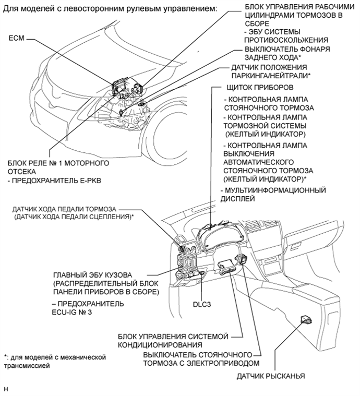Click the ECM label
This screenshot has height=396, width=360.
click(x=16, y=38)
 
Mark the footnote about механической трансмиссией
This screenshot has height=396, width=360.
click(x=54, y=362)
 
